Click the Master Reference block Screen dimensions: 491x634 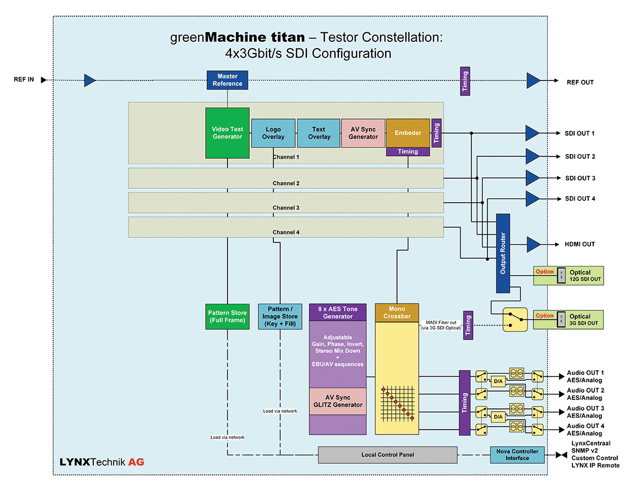(x=227, y=80)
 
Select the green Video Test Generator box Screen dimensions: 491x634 (x=227, y=133)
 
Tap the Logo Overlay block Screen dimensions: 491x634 (x=273, y=133)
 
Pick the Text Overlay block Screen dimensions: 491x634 (x=319, y=133)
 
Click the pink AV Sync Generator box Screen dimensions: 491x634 (x=363, y=133)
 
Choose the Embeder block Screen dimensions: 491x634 (x=408, y=133)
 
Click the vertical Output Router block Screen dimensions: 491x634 (x=503, y=252)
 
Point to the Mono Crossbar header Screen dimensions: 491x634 (x=396, y=312)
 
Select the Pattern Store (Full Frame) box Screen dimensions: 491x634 (x=227, y=317)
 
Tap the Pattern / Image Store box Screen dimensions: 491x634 (x=280, y=317)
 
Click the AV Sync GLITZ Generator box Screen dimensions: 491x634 (x=338, y=401)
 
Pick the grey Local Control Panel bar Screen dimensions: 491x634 (x=387, y=455)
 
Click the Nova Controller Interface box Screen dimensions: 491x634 (x=517, y=455)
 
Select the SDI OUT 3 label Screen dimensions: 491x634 (x=579, y=178)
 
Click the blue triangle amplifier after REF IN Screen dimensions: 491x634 (x=89, y=80)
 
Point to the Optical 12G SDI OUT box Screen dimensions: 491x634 (x=569, y=275)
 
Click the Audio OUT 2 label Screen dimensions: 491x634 (x=585, y=394)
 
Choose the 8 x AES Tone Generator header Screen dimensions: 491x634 (x=338, y=312)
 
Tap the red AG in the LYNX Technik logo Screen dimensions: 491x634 (x=136, y=462)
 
